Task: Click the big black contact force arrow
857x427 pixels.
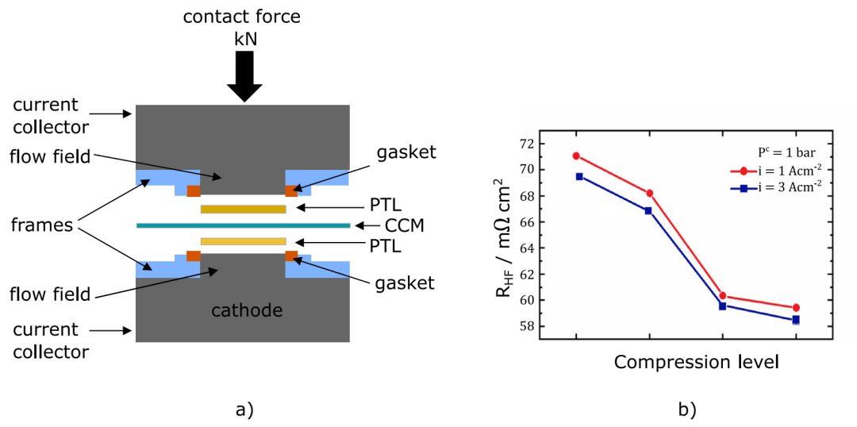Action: [x=244, y=76]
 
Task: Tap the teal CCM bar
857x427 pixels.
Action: [x=243, y=225]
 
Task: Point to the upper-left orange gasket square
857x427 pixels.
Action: [x=194, y=190]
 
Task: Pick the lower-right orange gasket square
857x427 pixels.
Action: [x=291, y=256]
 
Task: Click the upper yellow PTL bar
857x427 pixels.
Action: [x=244, y=209]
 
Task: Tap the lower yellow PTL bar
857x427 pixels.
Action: [x=244, y=241]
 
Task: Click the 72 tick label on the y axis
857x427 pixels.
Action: [x=526, y=144]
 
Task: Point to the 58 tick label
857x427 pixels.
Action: [x=526, y=326]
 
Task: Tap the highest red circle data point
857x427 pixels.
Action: [x=576, y=156]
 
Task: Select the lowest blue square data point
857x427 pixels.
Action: [x=796, y=319]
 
